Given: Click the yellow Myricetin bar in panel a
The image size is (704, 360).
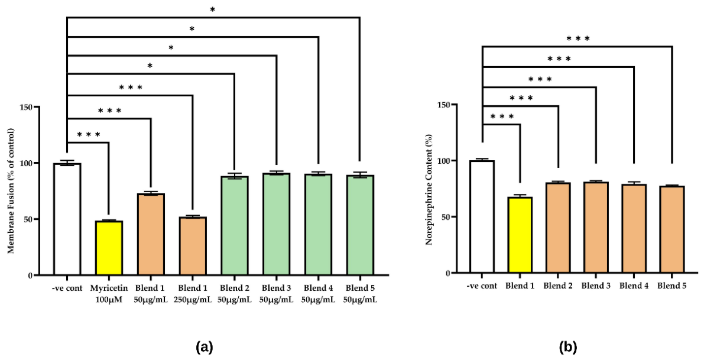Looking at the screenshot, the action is pos(109,248).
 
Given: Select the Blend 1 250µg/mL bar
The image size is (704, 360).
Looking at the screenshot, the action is pos(193,246).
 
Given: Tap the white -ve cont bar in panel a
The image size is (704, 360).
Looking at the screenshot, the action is pos(67,219).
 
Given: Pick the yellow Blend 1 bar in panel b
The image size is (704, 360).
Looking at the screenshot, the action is pos(520,235).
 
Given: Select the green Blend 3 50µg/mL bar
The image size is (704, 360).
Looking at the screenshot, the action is pos(276,224).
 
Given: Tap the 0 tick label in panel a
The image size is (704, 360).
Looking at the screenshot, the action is pos(30,275).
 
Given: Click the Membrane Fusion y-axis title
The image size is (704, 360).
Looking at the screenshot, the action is pos(11,191).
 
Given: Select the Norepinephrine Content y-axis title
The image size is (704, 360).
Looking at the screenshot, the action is pos(429,189).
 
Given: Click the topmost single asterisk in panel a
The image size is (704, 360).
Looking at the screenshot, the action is pos(212,9).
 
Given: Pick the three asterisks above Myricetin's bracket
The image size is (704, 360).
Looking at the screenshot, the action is pos(89,135).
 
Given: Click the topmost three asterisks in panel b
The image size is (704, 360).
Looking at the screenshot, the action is pos(578,38).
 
